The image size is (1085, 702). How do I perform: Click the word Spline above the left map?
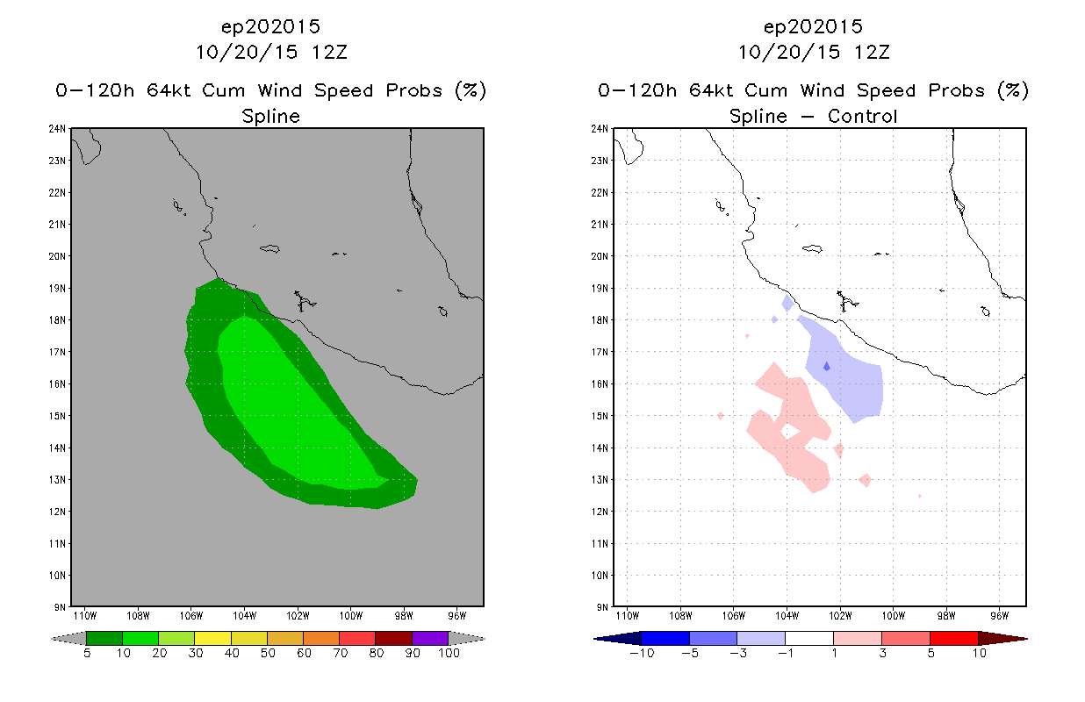tap(270, 116)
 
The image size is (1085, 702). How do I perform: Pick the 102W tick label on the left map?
tap(297, 616)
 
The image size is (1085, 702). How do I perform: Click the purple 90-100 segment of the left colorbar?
tap(430, 638)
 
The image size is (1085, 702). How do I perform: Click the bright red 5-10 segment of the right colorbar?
tap(952, 638)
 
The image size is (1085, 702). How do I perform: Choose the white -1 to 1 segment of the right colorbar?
tap(808, 638)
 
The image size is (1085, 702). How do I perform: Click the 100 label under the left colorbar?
tap(449, 654)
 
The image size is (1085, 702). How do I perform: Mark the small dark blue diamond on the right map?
tap(826, 366)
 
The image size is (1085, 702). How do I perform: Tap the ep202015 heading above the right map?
tap(813, 26)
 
